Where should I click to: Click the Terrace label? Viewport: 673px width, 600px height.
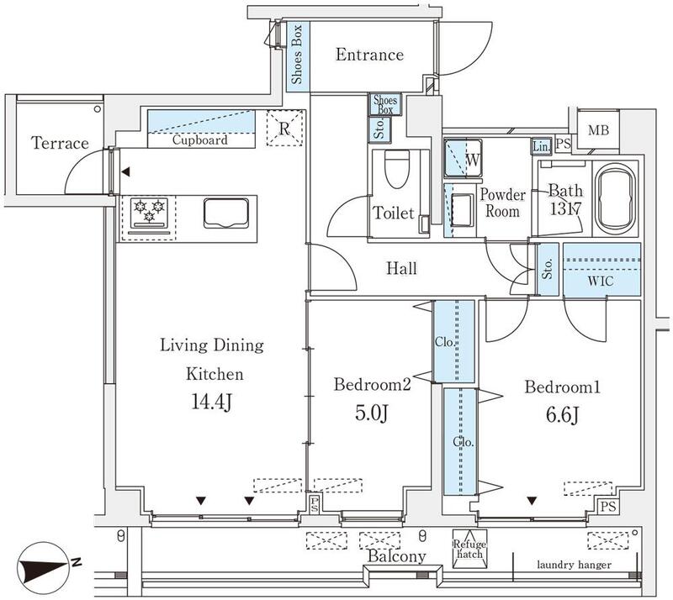pyautogui.click(x=60, y=144)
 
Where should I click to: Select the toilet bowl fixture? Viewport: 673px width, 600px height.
pyautogui.click(x=395, y=171)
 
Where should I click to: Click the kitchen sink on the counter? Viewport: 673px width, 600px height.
pyautogui.click(x=226, y=213)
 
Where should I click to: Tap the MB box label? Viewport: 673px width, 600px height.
pyautogui.click(x=599, y=130)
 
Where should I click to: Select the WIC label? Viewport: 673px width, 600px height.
pyautogui.click(x=601, y=282)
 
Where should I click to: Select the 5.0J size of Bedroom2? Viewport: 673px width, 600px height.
pyautogui.click(x=372, y=413)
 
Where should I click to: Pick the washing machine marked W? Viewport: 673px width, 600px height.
pyautogui.click(x=463, y=156)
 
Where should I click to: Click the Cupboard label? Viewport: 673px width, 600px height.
pyautogui.click(x=201, y=140)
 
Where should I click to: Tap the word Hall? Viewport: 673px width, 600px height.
pyautogui.click(x=401, y=269)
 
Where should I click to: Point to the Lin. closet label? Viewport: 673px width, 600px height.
pyautogui.click(x=541, y=146)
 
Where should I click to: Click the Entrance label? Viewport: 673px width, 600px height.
pyautogui.click(x=369, y=55)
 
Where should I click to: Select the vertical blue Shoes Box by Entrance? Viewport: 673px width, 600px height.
pyautogui.click(x=298, y=56)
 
